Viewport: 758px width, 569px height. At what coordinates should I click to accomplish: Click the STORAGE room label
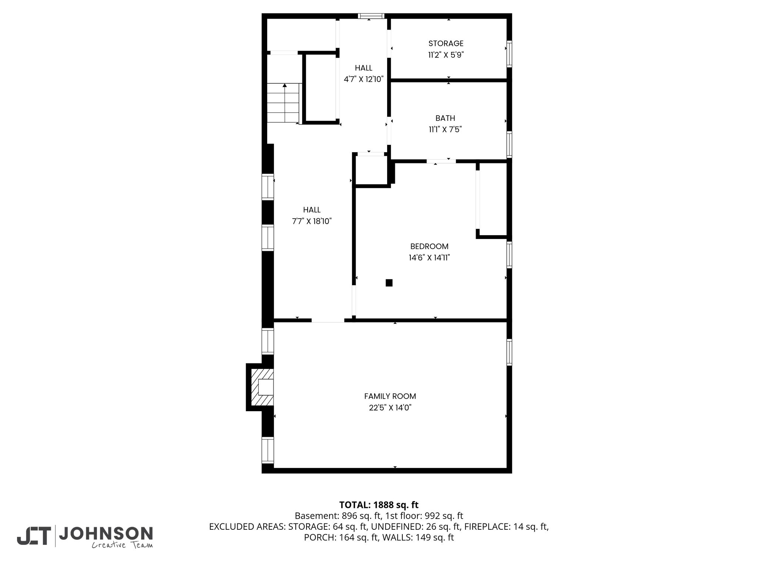[446, 43]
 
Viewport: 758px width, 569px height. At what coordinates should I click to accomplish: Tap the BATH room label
[445, 118]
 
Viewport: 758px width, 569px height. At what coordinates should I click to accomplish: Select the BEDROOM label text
[429, 246]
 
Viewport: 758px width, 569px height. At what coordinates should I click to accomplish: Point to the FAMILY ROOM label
[390, 396]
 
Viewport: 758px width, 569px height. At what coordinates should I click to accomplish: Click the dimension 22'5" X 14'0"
[390, 408]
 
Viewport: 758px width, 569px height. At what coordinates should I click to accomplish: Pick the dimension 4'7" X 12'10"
[364, 79]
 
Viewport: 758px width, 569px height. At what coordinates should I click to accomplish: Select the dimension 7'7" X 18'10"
[312, 222]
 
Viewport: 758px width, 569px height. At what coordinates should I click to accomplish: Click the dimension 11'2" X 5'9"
[446, 55]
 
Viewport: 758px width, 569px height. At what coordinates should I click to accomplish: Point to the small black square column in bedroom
[389, 283]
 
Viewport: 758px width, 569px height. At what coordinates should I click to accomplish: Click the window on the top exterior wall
[371, 16]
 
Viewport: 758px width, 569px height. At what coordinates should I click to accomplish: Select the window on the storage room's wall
[509, 54]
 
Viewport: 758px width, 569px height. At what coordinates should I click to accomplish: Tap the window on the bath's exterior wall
[509, 144]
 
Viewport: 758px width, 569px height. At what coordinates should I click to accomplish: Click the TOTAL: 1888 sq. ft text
[379, 505]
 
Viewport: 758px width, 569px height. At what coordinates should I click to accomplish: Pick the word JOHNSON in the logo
[106, 533]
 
